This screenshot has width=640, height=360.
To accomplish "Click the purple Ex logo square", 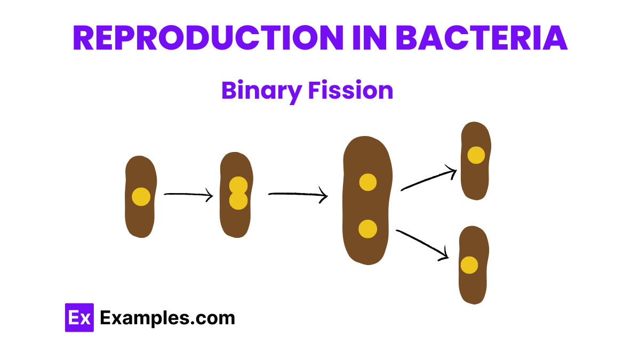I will (79, 318).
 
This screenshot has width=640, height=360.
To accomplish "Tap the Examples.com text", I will (167, 318).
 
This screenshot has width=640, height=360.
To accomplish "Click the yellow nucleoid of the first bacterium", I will (141, 197).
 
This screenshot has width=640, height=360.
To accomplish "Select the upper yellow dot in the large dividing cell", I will (368, 182).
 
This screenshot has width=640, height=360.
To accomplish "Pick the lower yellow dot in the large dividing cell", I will (368, 229).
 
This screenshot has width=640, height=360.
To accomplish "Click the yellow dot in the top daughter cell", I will (476, 155).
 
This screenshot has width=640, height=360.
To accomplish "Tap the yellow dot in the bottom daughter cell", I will (469, 265).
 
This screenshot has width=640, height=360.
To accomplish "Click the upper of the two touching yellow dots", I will (238, 185).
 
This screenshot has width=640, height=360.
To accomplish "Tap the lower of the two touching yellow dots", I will (238, 201).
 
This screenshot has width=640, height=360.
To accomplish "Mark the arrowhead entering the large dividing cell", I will (323, 196).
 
